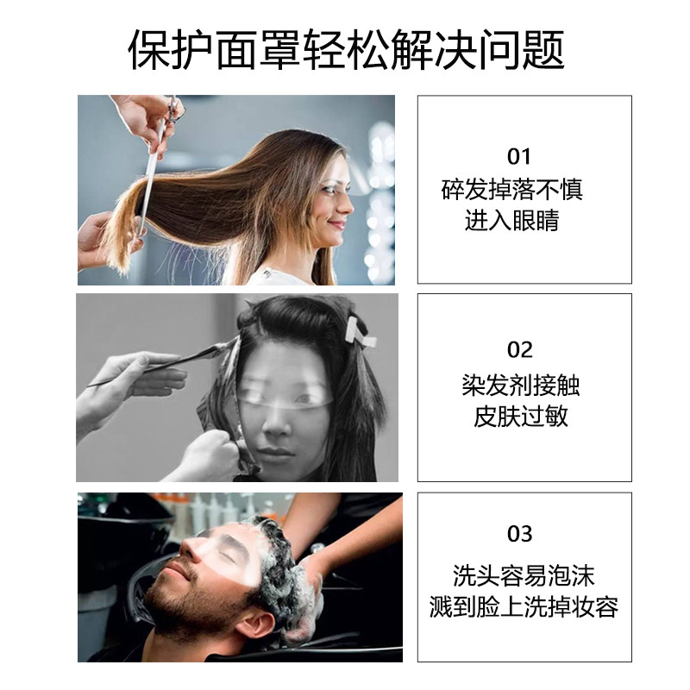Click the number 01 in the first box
coord(519,157)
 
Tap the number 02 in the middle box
coord(520,350)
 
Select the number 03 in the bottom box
coord(520,534)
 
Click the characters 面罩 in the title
coord(258,49)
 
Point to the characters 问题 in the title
coord(522,49)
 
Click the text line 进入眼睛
coord(511,220)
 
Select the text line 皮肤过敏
coord(521,416)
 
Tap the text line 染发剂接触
coord(521,385)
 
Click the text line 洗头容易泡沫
coord(524,575)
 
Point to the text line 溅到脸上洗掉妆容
coord(524,607)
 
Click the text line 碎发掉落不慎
coord(511,189)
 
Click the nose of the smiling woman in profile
coord(348,205)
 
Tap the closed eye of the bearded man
coord(228,557)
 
